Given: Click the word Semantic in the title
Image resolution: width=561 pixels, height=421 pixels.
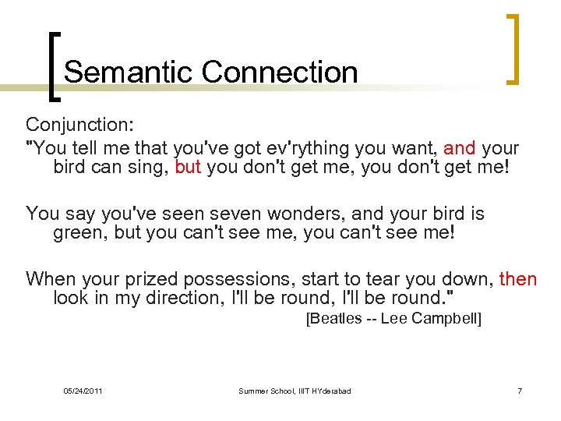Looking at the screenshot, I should point(129,73).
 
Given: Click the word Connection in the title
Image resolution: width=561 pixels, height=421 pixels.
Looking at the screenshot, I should point(279,73).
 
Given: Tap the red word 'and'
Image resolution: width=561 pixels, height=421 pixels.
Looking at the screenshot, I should point(460,148).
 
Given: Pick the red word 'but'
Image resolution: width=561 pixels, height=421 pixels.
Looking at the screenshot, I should point(189,167).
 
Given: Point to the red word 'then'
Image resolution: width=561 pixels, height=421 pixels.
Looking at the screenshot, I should point(518,278).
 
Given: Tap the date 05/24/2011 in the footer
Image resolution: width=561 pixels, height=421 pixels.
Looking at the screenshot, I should point(83,390).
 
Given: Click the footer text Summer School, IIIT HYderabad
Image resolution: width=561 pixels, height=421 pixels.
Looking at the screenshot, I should point(295,390).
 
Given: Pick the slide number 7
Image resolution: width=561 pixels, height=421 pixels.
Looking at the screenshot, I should point(519,390).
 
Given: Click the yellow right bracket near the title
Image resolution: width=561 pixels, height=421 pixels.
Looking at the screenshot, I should point(512,48).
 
